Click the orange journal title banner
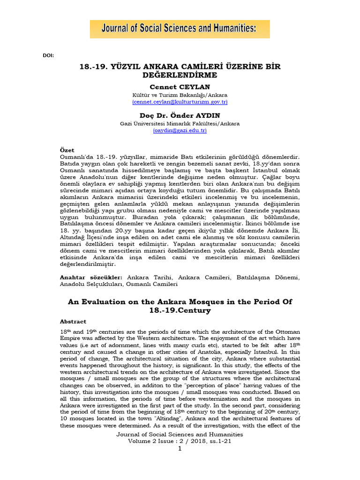[180, 29]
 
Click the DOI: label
[48, 55]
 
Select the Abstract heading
[73, 322]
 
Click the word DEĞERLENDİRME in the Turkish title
[180, 75]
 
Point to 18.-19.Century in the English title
[180, 310]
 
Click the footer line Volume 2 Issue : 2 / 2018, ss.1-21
[180, 441]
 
